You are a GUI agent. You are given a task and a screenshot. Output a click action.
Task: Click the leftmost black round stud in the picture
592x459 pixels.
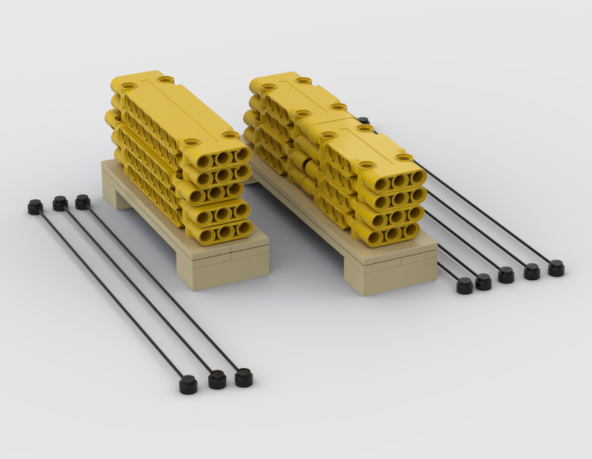click(x=35, y=207)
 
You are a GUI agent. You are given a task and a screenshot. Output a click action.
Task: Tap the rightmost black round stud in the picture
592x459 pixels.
click(x=556, y=268)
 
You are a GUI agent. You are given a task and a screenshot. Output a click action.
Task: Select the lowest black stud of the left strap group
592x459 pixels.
click(x=188, y=385)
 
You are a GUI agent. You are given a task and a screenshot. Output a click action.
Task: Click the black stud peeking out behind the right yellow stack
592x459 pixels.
click(x=363, y=121)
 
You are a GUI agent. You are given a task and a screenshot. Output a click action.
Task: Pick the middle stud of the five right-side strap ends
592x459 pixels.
click(x=506, y=274)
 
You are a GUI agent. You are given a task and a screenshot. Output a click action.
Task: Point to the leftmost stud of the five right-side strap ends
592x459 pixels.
click(x=465, y=286)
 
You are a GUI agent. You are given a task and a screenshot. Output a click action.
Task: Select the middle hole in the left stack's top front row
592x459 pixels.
click(x=223, y=158)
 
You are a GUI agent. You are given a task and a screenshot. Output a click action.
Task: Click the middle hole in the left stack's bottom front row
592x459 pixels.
click(x=224, y=232)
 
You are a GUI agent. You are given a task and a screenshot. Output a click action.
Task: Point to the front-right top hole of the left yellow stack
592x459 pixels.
click(x=230, y=135)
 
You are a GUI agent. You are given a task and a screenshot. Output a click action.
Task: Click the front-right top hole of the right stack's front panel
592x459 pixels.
click(x=404, y=157)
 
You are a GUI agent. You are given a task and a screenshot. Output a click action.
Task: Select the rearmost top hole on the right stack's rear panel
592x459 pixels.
click(x=304, y=80)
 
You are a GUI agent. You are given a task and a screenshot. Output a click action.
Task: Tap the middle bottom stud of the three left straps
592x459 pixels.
click(x=217, y=380)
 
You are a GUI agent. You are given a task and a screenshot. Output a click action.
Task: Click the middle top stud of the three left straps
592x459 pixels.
click(x=60, y=203)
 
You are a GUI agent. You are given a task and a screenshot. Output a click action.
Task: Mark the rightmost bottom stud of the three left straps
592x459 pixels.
click(x=243, y=377)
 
